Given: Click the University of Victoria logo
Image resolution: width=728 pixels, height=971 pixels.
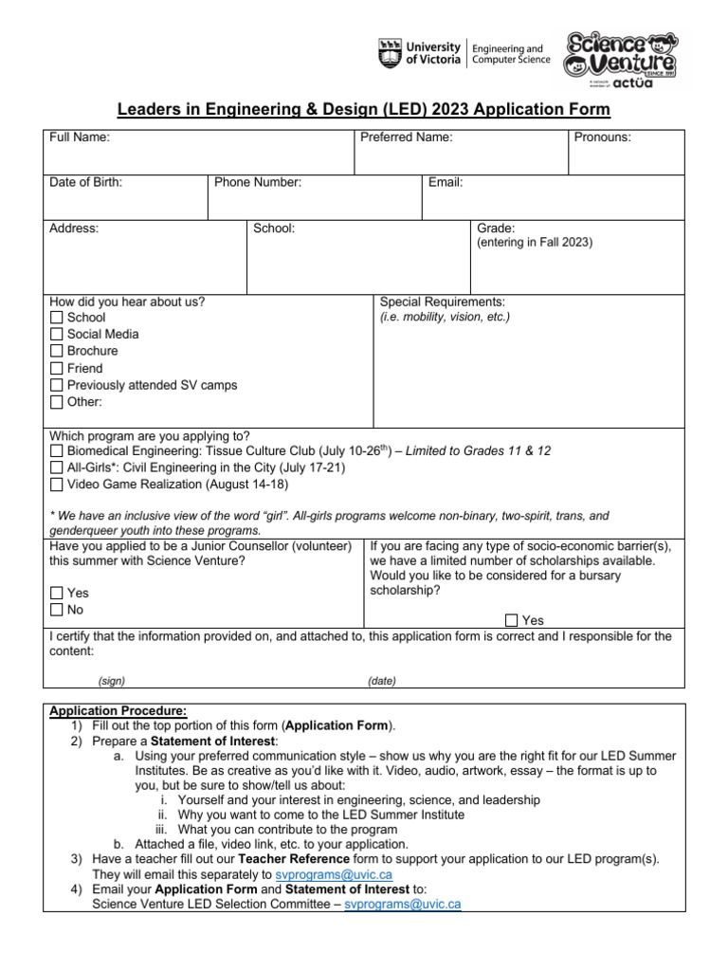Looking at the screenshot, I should [x=419, y=54].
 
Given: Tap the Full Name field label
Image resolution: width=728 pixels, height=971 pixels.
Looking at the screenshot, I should [x=80, y=137].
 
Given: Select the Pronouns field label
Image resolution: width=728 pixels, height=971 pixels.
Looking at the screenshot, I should [x=603, y=137].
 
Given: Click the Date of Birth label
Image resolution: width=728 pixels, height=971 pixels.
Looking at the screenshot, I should [x=85, y=182].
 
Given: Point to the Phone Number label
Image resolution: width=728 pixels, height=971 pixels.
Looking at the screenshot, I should [x=258, y=182].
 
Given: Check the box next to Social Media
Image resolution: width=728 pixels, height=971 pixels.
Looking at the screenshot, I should [x=57, y=335].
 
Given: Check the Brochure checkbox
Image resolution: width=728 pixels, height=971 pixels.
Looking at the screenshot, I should [x=57, y=352].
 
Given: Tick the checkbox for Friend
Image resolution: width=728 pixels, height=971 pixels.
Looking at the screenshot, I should [x=57, y=369].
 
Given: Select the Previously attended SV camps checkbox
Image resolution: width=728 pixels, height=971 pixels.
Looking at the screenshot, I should [x=57, y=386].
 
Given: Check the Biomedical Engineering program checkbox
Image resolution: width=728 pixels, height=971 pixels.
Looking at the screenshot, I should [x=57, y=452].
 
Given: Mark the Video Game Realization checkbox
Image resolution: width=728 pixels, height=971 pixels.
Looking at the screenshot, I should [x=57, y=485].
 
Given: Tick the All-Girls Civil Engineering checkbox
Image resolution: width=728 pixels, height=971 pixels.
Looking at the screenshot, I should [x=57, y=468].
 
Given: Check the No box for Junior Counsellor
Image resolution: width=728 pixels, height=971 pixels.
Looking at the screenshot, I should [x=57, y=611].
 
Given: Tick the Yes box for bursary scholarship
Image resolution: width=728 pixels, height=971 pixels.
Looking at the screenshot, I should [x=512, y=621].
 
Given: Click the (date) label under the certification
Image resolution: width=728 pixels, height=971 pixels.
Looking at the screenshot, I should [x=382, y=682].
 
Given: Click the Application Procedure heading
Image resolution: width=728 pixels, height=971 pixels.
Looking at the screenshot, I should [x=118, y=711].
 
